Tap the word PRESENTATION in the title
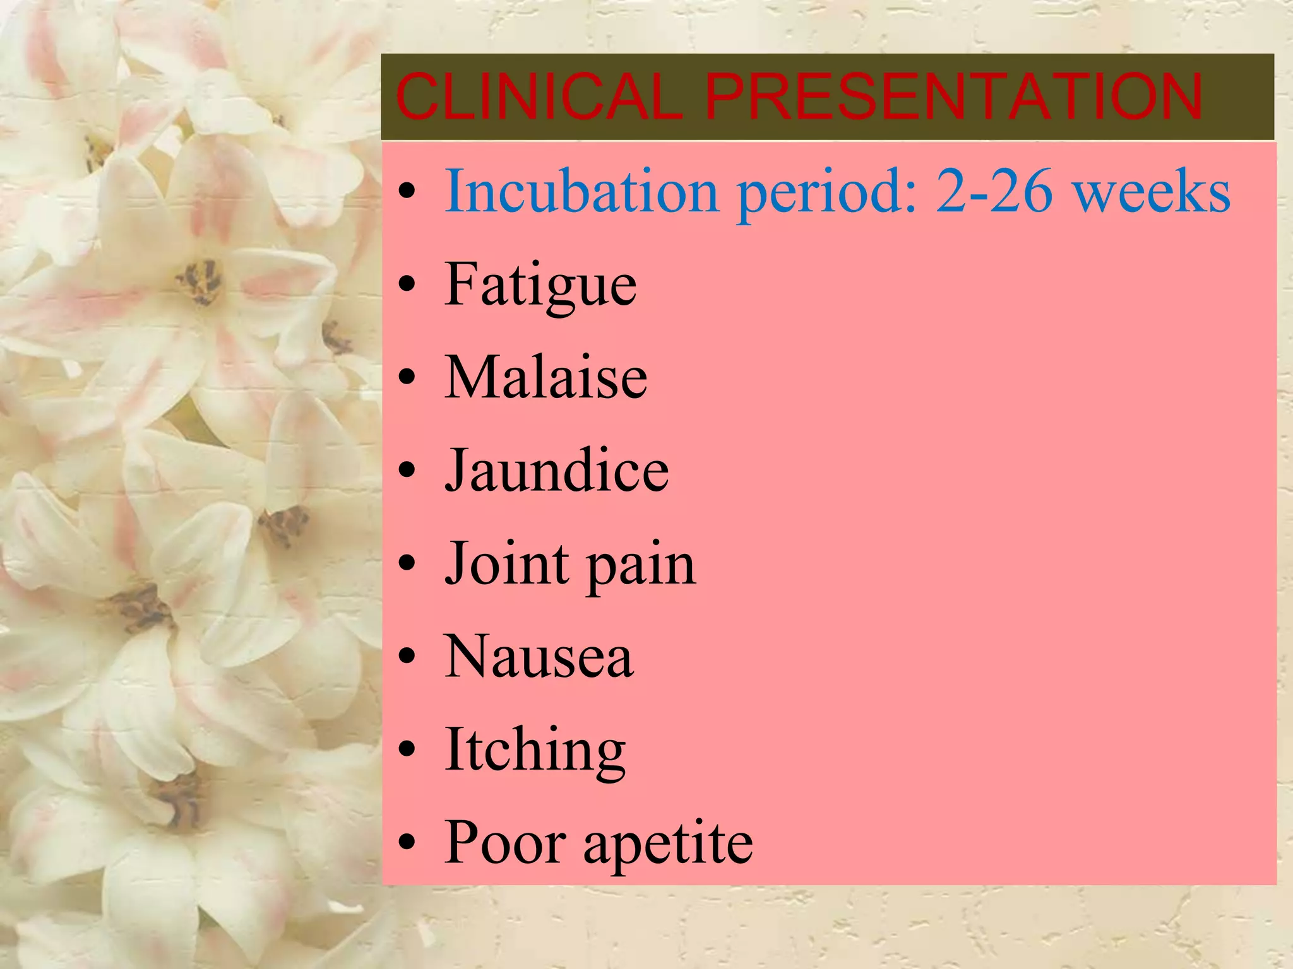(x=953, y=97)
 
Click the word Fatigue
(x=540, y=285)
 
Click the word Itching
(x=535, y=751)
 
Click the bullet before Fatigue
(x=408, y=285)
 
